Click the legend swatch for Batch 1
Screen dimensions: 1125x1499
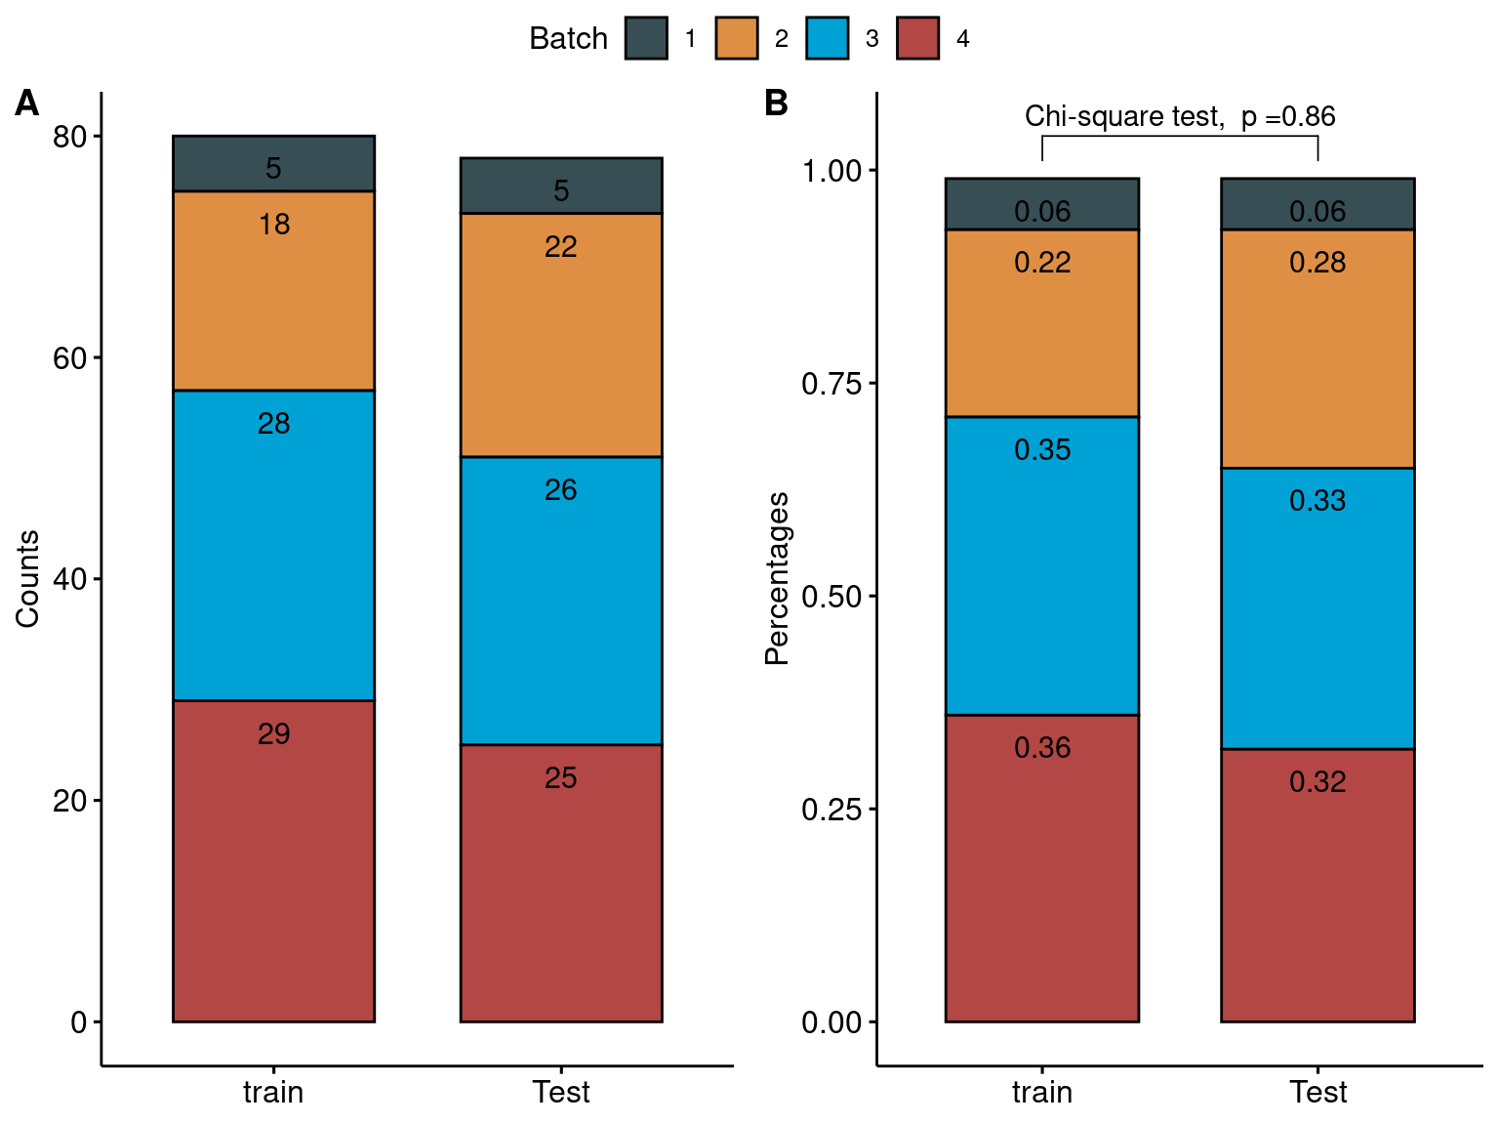point(646,38)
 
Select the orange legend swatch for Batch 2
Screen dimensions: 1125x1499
point(737,38)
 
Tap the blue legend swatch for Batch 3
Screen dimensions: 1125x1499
point(828,38)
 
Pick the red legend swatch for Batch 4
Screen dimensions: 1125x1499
point(918,38)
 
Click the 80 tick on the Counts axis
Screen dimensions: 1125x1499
point(70,137)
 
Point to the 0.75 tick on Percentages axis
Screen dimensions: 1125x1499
point(831,383)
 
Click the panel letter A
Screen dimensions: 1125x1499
point(27,103)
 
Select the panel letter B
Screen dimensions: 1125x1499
point(776,103)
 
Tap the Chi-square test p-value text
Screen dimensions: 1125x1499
point(1179,116)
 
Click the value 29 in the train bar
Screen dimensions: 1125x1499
point(274,733)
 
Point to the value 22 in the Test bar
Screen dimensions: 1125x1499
point(561,246)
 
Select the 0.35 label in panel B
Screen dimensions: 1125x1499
point(1042,449)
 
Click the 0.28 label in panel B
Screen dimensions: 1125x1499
point(1317,262)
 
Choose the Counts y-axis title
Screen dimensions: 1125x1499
point(27,578)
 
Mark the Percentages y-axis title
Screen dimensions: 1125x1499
point(777,578)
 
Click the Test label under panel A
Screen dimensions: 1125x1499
point(561,1091)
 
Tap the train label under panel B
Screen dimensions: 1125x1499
point(1042,1091)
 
